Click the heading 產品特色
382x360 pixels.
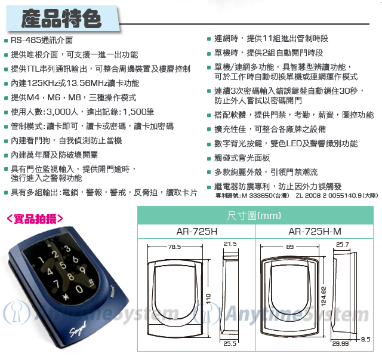61,19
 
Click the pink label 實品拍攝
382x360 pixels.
35,219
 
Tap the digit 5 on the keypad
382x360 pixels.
63,265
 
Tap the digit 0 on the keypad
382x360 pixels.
79,289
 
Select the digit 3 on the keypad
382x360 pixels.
67,248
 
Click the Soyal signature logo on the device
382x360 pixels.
78,329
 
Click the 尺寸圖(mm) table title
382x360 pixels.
254,216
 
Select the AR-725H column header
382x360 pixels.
197,231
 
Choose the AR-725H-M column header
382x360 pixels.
315,231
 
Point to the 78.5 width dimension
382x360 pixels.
174,247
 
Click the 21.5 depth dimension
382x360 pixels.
230,244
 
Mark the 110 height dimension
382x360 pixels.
208,299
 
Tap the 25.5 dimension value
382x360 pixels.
230,343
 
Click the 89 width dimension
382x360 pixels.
290,247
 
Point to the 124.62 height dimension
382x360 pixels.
324,296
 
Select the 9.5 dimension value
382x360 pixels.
365,339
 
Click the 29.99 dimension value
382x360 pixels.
340,343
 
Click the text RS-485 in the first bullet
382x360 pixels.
26,40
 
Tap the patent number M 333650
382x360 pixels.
257,195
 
